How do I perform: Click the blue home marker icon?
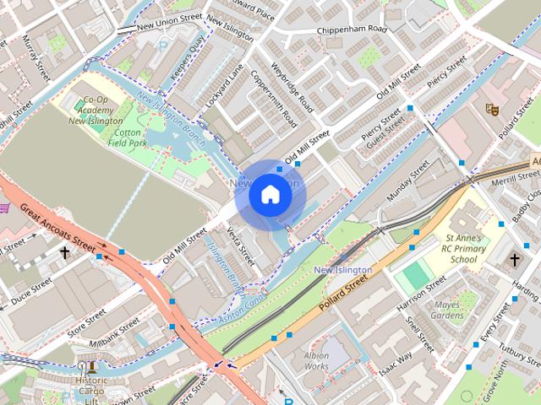270,195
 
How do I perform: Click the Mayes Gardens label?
447,310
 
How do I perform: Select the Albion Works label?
316,361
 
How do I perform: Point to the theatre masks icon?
489,108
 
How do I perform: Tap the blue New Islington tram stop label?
342,270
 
